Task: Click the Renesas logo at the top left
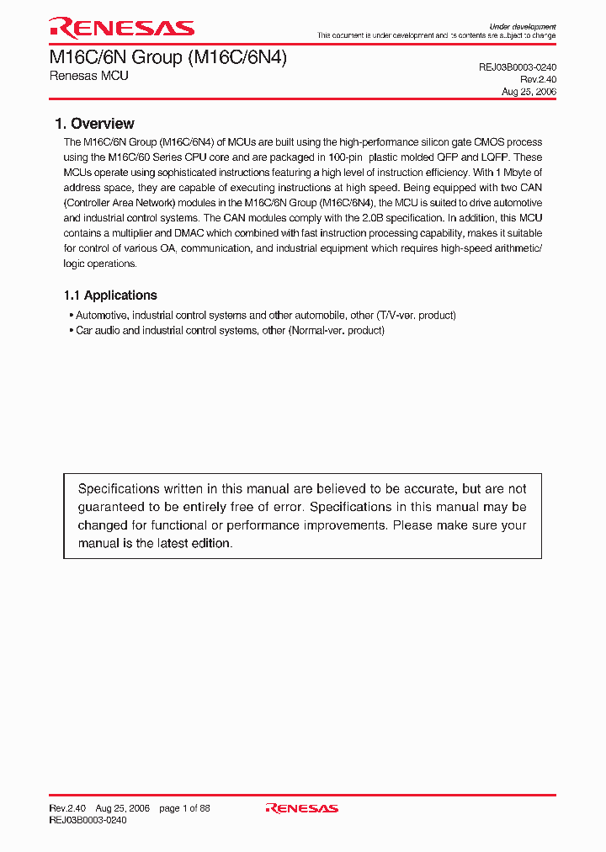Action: [x=121, y=29]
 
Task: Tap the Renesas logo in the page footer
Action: [x=301, y=808]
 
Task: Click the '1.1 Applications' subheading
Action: [x=110, y=296]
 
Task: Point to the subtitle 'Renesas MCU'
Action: [x=88, y=76]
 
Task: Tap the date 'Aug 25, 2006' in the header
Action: [x=529, y=92]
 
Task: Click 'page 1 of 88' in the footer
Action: [x=184, y=808]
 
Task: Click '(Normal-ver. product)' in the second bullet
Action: [x=337, y=331]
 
